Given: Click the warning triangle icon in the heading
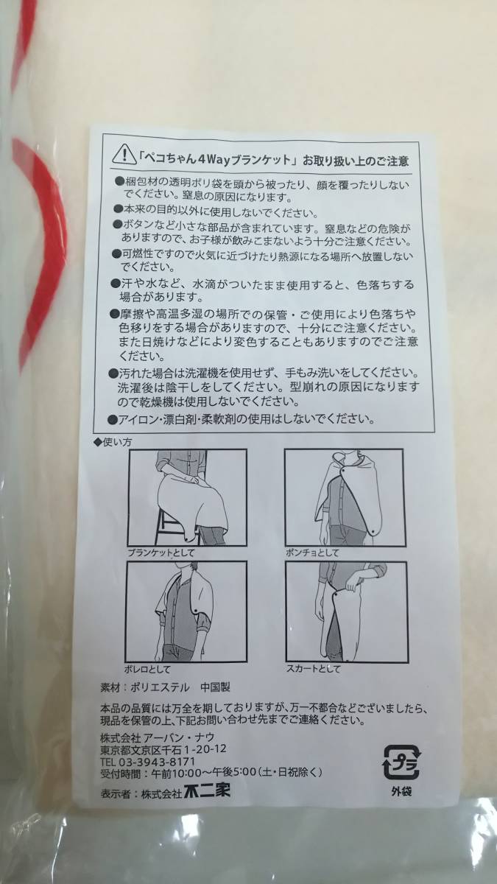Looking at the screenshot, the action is click(x=124, y=155).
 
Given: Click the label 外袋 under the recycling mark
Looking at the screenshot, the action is click(x=401, y=790).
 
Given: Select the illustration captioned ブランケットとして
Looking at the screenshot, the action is click(x=187, y=497).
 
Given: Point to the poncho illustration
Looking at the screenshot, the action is click(x=345, y=497).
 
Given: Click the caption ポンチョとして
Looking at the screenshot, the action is click(x=312, y=553).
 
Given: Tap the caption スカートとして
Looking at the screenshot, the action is click(x=313, y=669).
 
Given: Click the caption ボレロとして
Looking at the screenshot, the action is click(x=147, y=669).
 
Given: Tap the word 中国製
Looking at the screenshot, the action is click(x=214, y=687).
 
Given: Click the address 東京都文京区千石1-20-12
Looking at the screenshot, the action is click(x=163, y=748).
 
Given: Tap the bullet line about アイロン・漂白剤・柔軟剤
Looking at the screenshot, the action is click(x=242, y=418).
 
